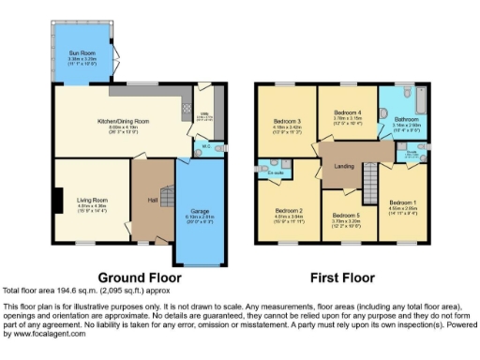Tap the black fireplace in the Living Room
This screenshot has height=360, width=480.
tap(58, 201)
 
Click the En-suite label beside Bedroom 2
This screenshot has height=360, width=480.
tap(276, 172)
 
